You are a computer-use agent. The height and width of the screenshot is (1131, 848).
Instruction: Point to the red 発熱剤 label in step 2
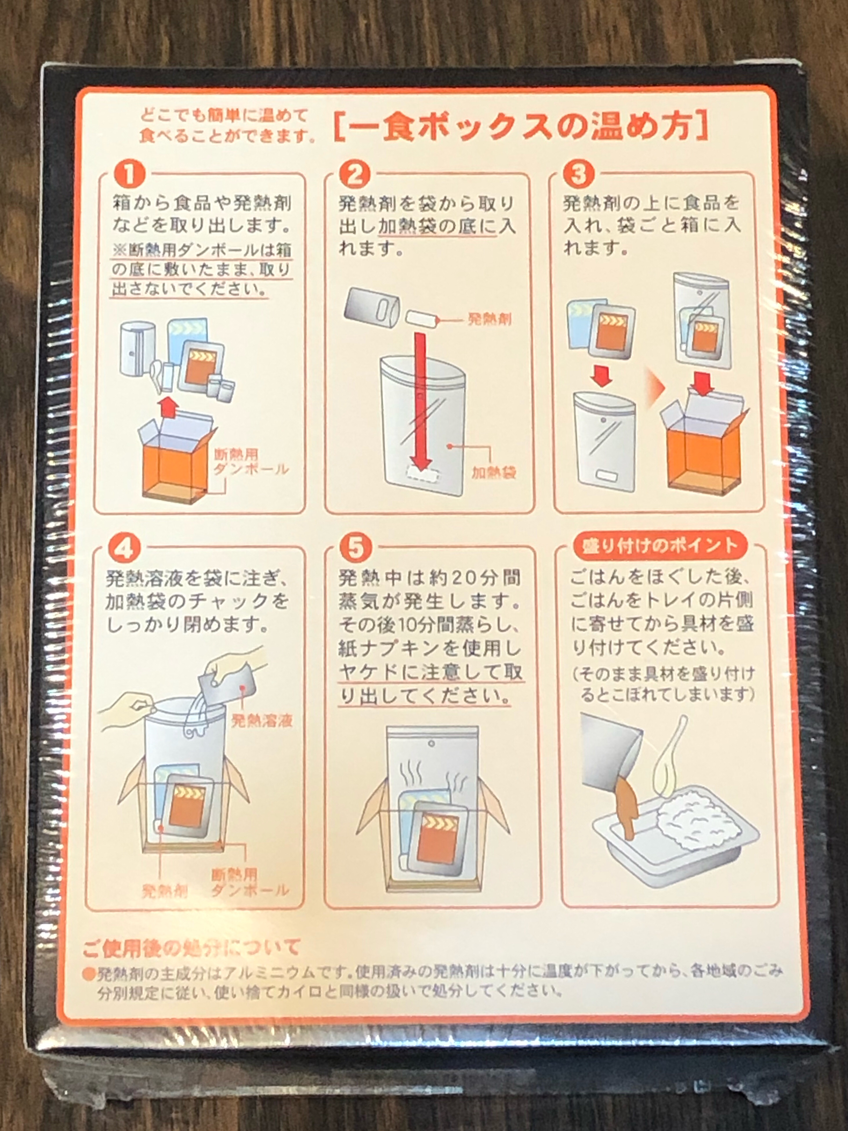point(489,320)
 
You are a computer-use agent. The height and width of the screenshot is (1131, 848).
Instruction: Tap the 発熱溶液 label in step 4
point(262,721)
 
